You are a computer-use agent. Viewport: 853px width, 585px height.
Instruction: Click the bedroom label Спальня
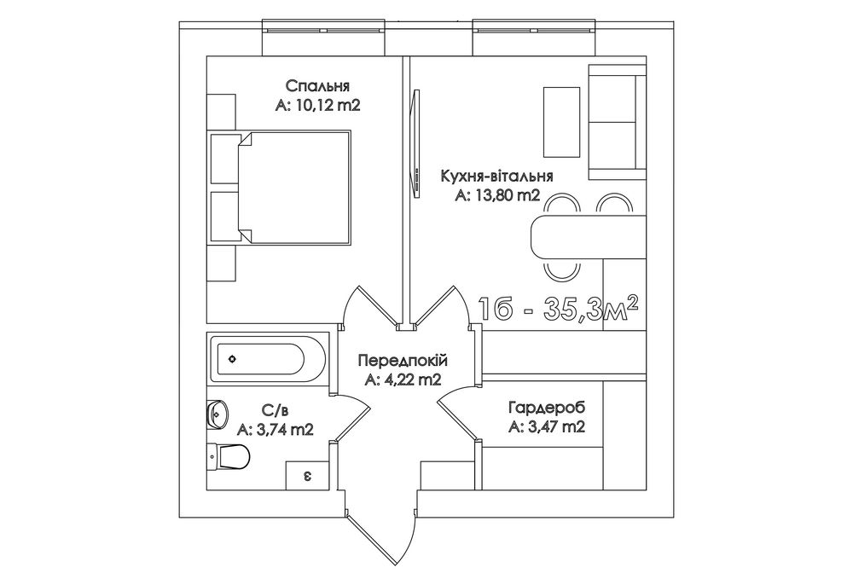[317, 86]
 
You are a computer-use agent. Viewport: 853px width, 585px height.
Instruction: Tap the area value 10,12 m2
[328, 105]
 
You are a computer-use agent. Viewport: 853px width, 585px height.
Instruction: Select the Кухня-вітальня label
[497, 177]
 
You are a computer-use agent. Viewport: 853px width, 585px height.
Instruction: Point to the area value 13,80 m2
[507, 195]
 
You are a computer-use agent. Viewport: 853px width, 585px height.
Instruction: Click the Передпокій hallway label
[403, 360]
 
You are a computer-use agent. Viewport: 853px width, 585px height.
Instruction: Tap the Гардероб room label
[547, 408]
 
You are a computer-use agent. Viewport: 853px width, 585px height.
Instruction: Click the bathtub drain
[233, 359]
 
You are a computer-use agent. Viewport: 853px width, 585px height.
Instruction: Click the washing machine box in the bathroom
[308, 476]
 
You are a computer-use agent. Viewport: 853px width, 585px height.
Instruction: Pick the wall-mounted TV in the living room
[416, 145]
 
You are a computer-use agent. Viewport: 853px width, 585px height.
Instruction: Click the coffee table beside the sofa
[562, 121]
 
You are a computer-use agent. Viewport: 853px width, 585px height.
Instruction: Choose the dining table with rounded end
[588, 237]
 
